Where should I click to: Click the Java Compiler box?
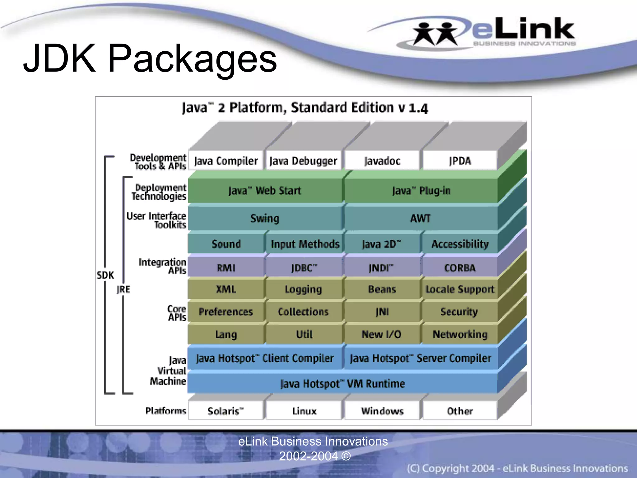point(226,161)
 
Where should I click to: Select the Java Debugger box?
point(303,161)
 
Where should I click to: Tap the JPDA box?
point(460,161)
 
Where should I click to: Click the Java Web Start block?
point(265,190)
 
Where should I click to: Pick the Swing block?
point(265,218)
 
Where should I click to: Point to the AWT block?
point(421,218)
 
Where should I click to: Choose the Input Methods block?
point(305,244)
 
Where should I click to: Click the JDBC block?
point(304,268)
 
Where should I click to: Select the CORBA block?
point(460,268)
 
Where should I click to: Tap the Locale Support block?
point(460,289)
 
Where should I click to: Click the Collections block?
point(303,312)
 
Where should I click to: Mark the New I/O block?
point(381,335)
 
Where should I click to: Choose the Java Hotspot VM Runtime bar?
point(342,383)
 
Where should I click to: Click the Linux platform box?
point(304,411)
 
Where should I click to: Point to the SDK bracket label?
point(105,275)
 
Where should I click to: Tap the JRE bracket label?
point(123,289)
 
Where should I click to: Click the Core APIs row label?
point(177,313)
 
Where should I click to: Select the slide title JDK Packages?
point(150,58)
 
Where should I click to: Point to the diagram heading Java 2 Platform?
point(305,108)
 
